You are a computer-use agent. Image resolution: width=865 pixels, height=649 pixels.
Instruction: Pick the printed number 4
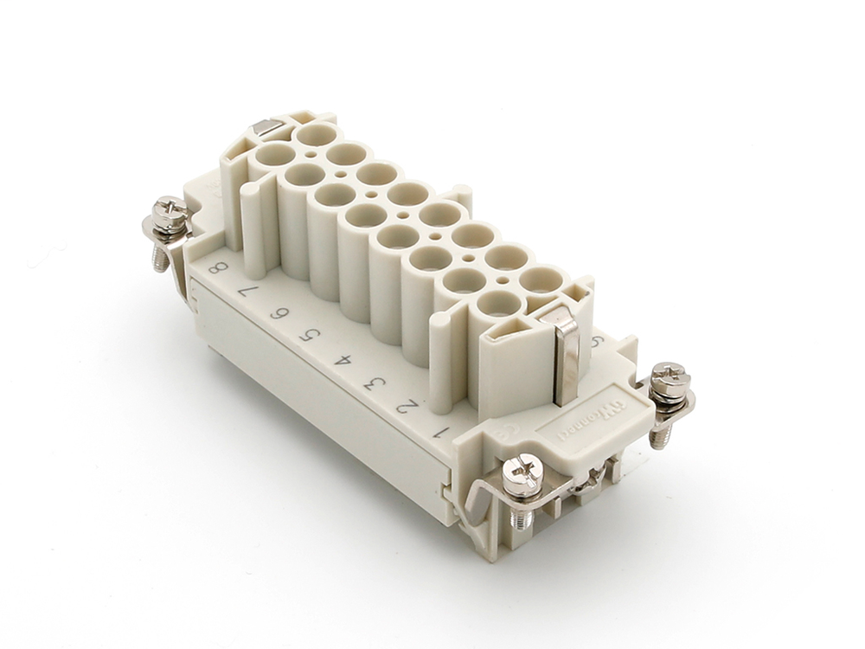coord(341,357)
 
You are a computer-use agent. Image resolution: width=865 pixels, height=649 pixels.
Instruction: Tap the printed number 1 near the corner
coord(442,428)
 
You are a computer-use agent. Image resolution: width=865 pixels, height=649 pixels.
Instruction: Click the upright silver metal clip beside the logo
coord(565,357)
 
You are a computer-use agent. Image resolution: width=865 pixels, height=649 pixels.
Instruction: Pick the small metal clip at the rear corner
coord(266,129)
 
